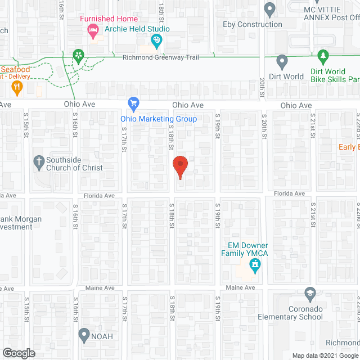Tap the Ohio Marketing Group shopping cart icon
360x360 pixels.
pyautogui.click(x=133, y=103)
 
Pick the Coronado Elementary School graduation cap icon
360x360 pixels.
pyautogui.click(x=309, y=293)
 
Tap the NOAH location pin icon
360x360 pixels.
pyautogui.click(x=84, y=336)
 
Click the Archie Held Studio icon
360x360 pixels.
pyautogui.click(x=156, y=40)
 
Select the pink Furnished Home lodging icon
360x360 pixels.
pyautogui.click(x=94, y=32)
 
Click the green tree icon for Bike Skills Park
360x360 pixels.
pyautogui.click(x=323, y=56)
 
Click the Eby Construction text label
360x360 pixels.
pyautogui.click(x=253, y=24)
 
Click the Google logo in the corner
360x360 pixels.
pyautogui.click(x=18, y=353)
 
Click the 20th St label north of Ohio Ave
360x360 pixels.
pyautogui.click(x=262, y=88)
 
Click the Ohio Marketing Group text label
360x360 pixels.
pyautogui.click(x=159, y=119)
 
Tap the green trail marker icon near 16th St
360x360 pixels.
pyautogui.click(x=79, y=55)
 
